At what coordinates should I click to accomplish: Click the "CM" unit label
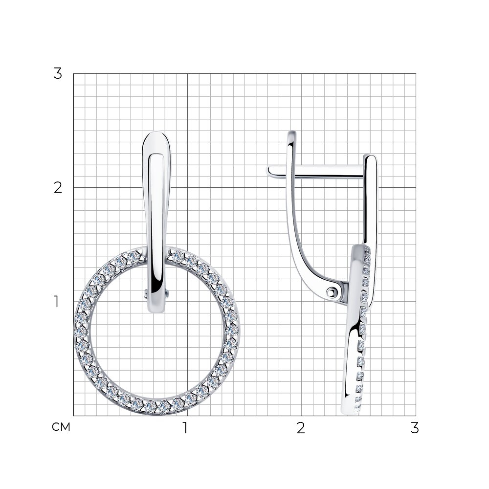pos(61,427)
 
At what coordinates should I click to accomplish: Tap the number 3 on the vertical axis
pos(58,74)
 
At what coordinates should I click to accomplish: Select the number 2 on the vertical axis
pos(58,188)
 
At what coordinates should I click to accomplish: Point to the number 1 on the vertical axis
pos(56,302)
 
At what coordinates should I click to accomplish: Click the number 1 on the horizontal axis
pos(185,428)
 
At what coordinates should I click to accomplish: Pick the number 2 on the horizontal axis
pos(301,428)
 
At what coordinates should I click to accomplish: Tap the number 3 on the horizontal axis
pos(415,428)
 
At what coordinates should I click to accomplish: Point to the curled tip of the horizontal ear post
pos(269,171)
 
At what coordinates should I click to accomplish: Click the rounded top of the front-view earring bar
pos(156,133)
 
